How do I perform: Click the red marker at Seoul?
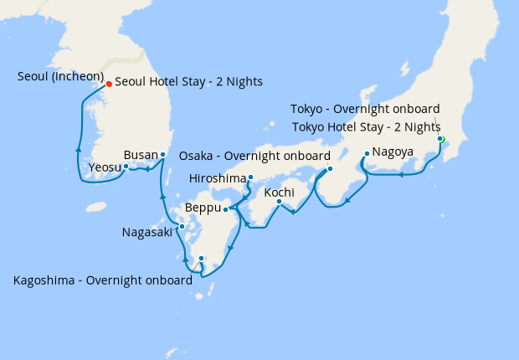[x=109, y=84]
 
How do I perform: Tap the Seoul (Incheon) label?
[x=59, y=77]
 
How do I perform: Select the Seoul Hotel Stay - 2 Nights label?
[x=188, y=82]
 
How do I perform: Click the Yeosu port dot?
[x=126, y=166]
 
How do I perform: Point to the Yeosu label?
[x=104, y=168]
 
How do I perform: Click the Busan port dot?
[x=163, y=155]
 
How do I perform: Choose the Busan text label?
[x=140, y=155]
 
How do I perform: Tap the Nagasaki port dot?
[x=182, y=226]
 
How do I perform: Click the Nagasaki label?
[x=147, y=231]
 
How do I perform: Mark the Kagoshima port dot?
[x=202, y=259]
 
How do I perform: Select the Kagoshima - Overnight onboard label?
[x=102, y=280]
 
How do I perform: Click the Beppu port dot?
[x=225, y=208]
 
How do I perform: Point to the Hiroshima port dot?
[x=250, y=177]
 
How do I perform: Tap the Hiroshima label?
[x=218, y=178]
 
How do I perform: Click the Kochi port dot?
[x=280, y=201]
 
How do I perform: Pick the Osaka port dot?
[x=330, y=168]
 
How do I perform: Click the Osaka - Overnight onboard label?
[x=254, y=156]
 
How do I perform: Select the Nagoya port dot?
[x=367, y=153]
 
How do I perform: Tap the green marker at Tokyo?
[x=440, y=139]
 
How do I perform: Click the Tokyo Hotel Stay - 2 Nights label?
[x=365, y=126]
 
